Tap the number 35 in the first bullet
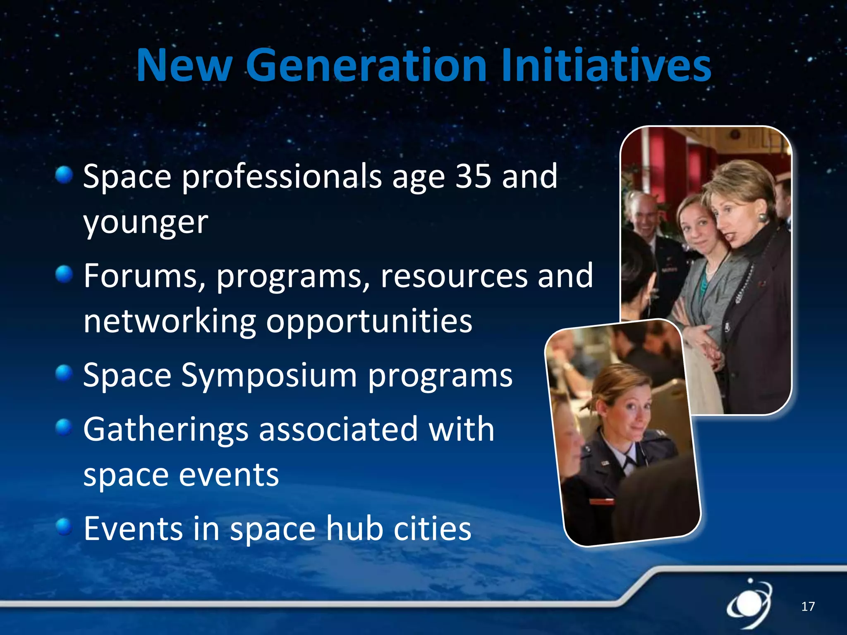tap(473, 176)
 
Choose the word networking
tap(170, 322)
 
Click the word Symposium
tap(269, 375)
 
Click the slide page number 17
tap(808, 606)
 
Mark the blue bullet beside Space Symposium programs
tap(64, 373)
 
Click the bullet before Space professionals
tap(64, 174)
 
